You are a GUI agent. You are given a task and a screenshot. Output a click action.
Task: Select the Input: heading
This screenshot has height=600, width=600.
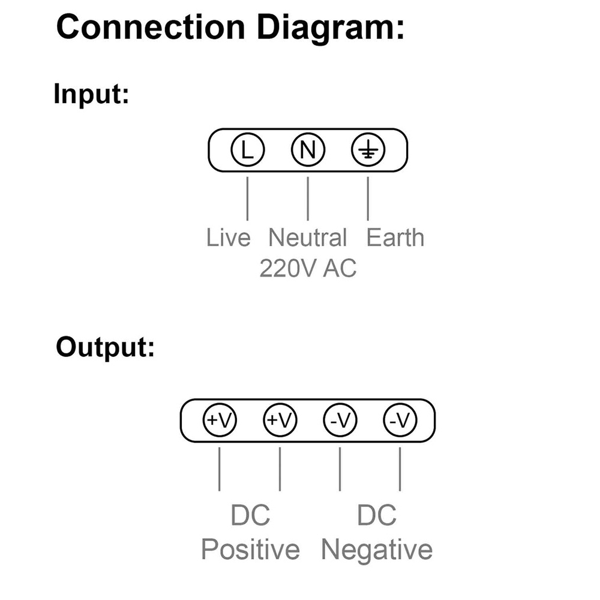click(91, 94)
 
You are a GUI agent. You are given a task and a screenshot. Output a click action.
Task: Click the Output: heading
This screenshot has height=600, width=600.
click(105, 348)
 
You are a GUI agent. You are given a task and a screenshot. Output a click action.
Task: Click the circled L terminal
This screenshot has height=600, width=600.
click(247, 149)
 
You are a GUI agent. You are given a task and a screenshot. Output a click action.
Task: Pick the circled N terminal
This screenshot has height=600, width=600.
click(308, 149)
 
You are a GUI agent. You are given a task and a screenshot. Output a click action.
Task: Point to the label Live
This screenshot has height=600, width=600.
click(228, 238)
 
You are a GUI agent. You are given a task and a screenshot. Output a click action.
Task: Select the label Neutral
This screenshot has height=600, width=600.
click(307, 238)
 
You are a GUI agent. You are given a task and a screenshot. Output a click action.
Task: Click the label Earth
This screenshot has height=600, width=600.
click(395, 238)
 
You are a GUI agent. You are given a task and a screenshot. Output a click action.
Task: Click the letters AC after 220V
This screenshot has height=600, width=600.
click(340, 268)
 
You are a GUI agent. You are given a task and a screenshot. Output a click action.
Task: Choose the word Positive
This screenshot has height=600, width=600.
click(250, 549)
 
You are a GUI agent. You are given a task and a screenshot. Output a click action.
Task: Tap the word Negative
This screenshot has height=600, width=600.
click(377, 549)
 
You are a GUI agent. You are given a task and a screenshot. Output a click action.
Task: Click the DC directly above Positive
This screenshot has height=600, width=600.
click(250, 515)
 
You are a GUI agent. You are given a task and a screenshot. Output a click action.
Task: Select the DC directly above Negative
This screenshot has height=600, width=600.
click(377, 515)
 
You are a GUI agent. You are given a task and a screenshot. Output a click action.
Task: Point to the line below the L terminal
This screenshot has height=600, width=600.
click(247, 198)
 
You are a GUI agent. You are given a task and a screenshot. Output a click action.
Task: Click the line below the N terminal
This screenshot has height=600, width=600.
click(308, 198)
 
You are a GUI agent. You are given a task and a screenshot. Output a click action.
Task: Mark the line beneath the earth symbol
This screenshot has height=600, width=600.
click(368, 198)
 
